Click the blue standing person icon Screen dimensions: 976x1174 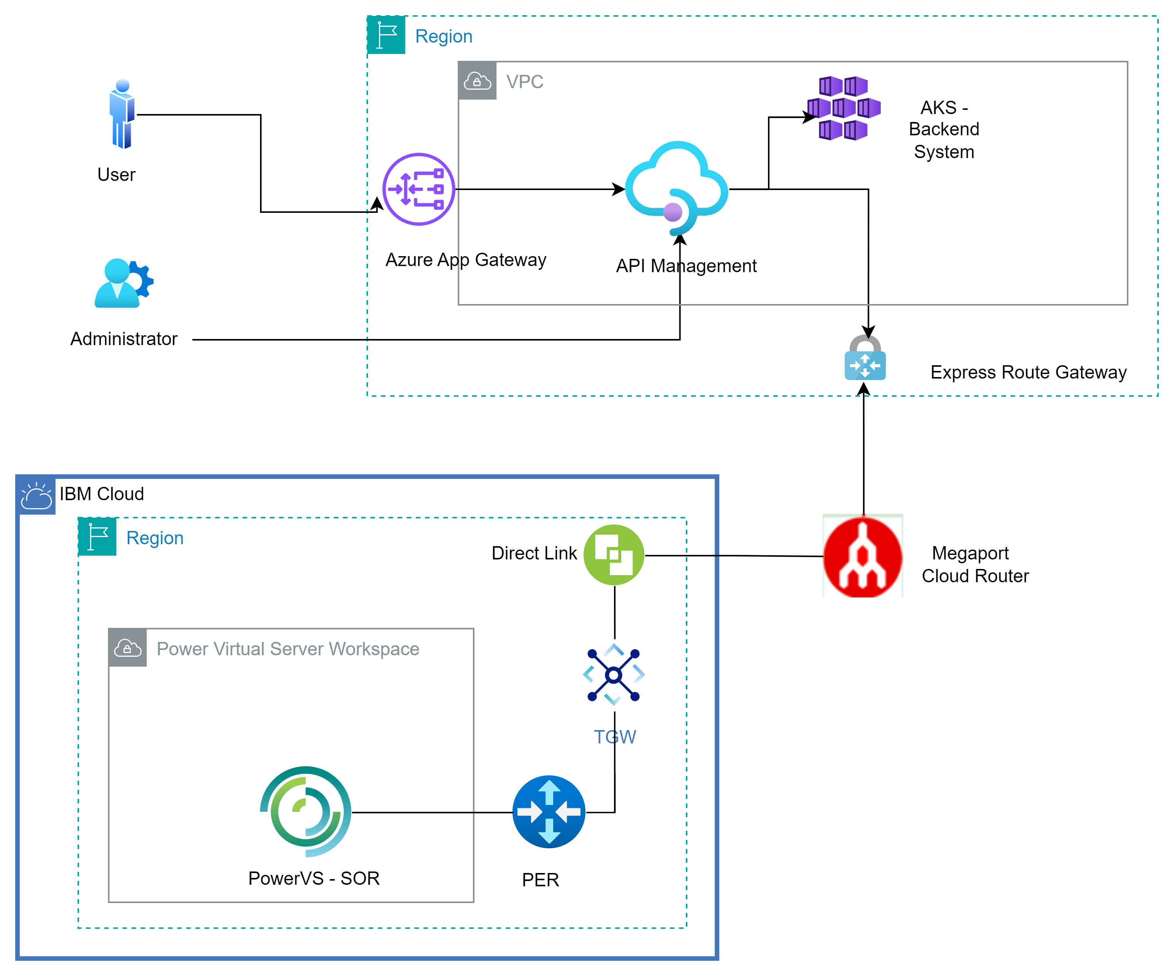[x=122, y=114]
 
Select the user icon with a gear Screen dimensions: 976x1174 [x=123, y=284]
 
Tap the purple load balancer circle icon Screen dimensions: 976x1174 [x=419, y=189]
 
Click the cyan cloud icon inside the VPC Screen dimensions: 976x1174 [x=676, y=188]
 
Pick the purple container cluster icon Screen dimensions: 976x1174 [x=844, y=108]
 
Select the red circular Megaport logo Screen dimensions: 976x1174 [x=863, y=556]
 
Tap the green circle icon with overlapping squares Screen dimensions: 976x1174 [x=614, y=555]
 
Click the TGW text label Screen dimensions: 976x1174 [x=615, y=737]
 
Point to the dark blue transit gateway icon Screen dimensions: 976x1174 [x=614, y=675]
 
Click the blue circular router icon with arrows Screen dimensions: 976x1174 [x=549, y=812]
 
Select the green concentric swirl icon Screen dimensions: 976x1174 [x=306, y=811]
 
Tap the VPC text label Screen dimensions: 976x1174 [x=524, y=82]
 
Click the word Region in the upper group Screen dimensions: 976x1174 [x=443, y=36]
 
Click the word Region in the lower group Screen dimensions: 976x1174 [x=155, y=538]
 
